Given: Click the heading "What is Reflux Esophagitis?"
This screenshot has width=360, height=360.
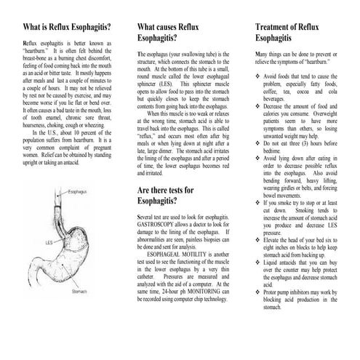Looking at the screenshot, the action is coord(63,28).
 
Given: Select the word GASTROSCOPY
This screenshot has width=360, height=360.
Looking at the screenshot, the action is coord(159,224).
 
